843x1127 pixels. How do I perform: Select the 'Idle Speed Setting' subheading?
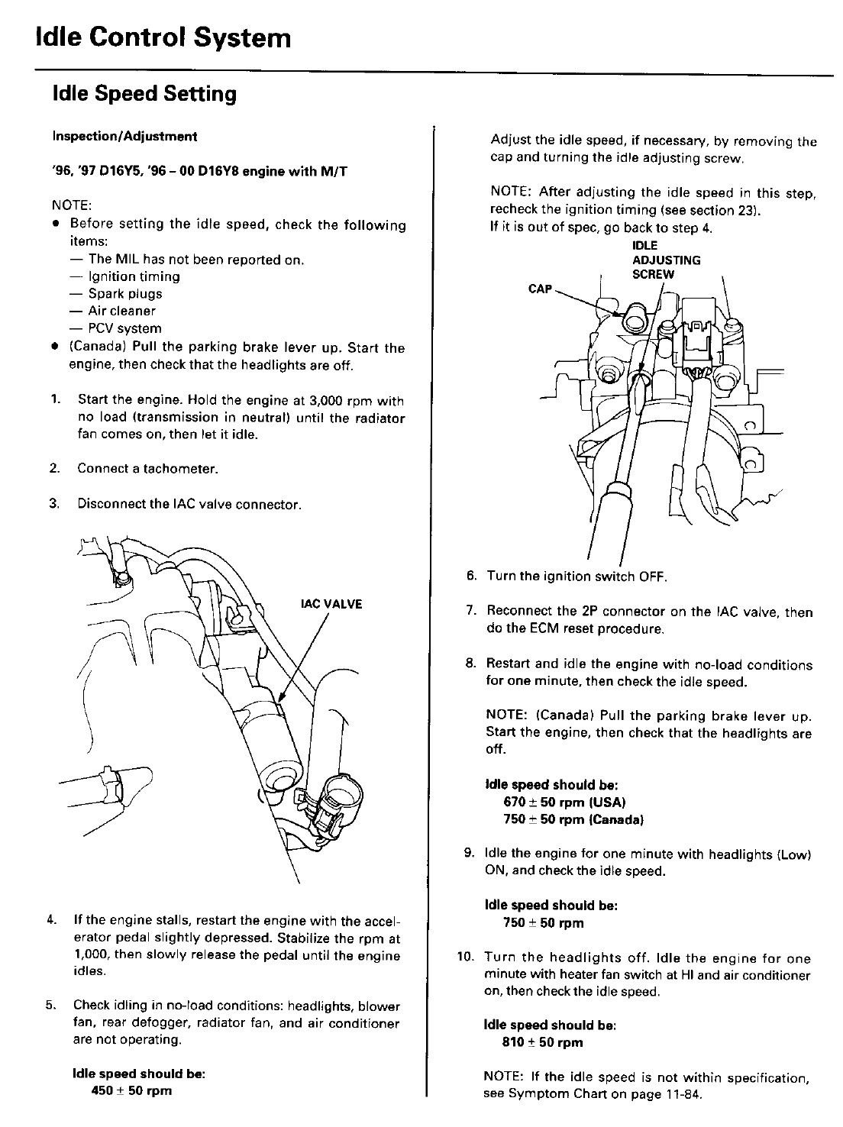click(144, 94)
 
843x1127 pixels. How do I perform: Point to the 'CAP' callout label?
click(540, 289)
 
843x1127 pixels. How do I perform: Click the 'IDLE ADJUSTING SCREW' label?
click(666, 260)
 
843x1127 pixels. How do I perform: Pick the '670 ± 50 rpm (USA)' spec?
click(564, 802)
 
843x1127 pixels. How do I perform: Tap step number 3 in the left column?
click(54, 505)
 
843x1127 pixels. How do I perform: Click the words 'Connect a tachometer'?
click(147, 469)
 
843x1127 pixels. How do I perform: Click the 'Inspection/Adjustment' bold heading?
click(124, 137)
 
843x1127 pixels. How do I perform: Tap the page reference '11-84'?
click(685, 1093)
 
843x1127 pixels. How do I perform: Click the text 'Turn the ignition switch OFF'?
click(577, 576)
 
